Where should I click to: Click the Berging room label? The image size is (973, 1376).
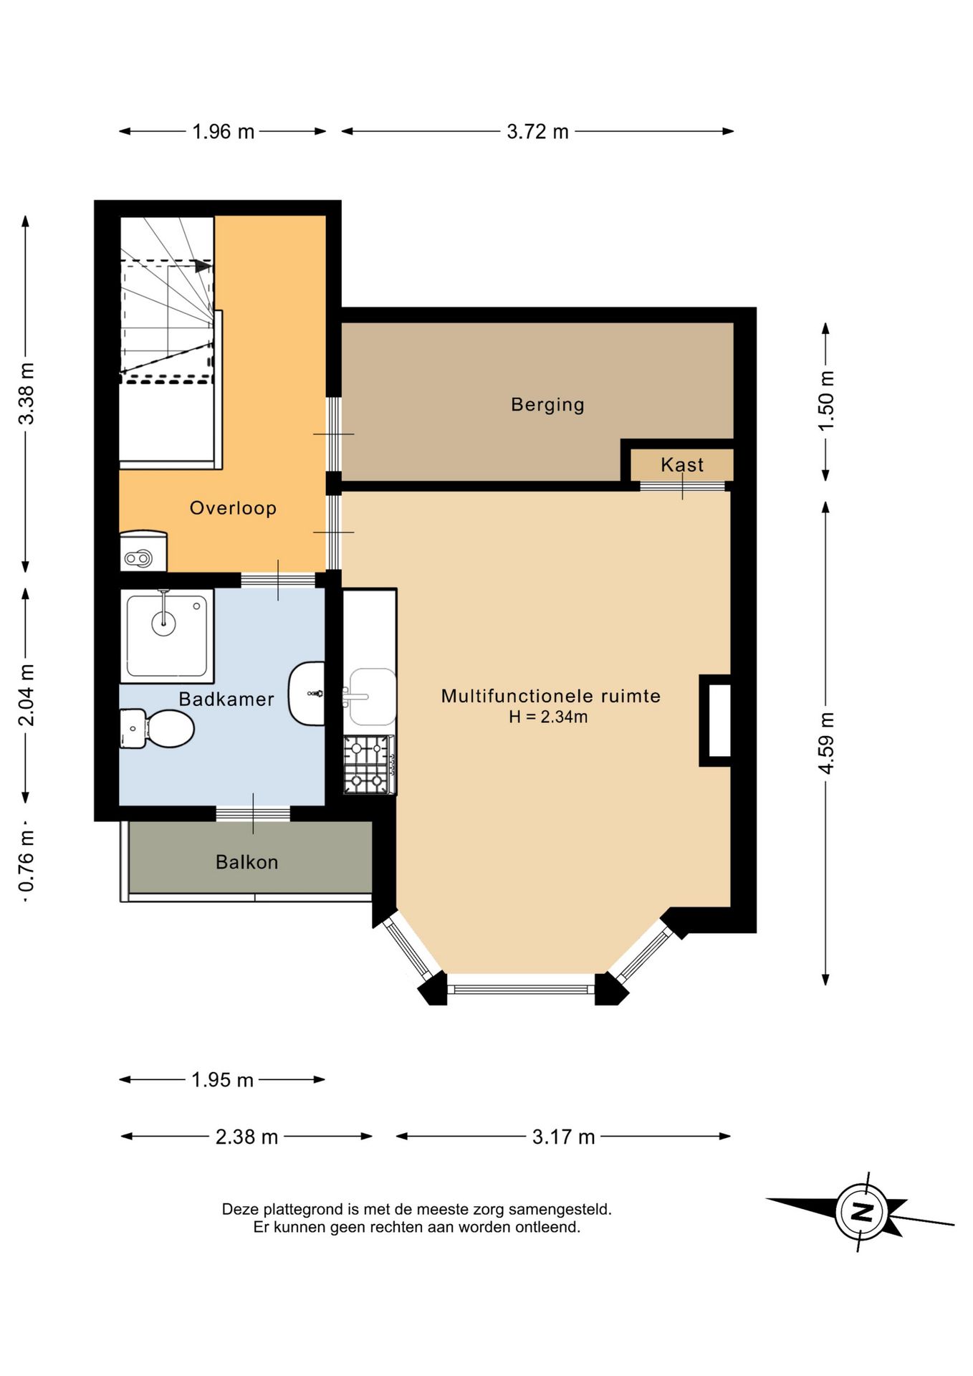pyautogui.click(x=547, y=405)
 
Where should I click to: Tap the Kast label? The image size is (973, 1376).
pyautogui.click(x=682, y=465)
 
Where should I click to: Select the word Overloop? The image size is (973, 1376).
pyautogui.click(x=233, y=508)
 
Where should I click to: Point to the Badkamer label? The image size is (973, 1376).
pyautogui.click(x=226, y=699)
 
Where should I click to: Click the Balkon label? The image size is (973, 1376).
pyautogui.click(x=246, y=861)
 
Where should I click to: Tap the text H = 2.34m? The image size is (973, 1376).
pyautogui.click(x=548, y=717)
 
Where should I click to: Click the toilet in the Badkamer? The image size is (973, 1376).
pyautogui.click(x=157, y=729)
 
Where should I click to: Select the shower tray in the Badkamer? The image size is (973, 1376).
pyautogui.click(x=167, y=636)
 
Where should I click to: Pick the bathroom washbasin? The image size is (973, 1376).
pyautogui.click(x=307, y=693)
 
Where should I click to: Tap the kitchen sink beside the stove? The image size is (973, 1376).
pyautogui.click(x=371, y=697)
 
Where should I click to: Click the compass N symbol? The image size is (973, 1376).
pyautogui.click(x=861, y=1212)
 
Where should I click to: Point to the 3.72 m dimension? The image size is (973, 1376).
pyautogui.click(x=537, y=131)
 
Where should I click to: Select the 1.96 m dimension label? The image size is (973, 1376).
pyautogui.click(x=223, y=132)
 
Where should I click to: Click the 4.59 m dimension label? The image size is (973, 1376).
pyautogui.click(x=826, y=742)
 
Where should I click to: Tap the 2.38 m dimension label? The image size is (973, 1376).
pyautogui.click(x=246, y=1137)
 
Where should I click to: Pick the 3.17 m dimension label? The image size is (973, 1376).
pyautogui.click(x=563, y=1137)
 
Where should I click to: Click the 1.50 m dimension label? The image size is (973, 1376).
pyautogui.click(x=826, y=401)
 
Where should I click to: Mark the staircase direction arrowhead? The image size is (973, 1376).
pyautogui.click(x=203, y=266)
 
